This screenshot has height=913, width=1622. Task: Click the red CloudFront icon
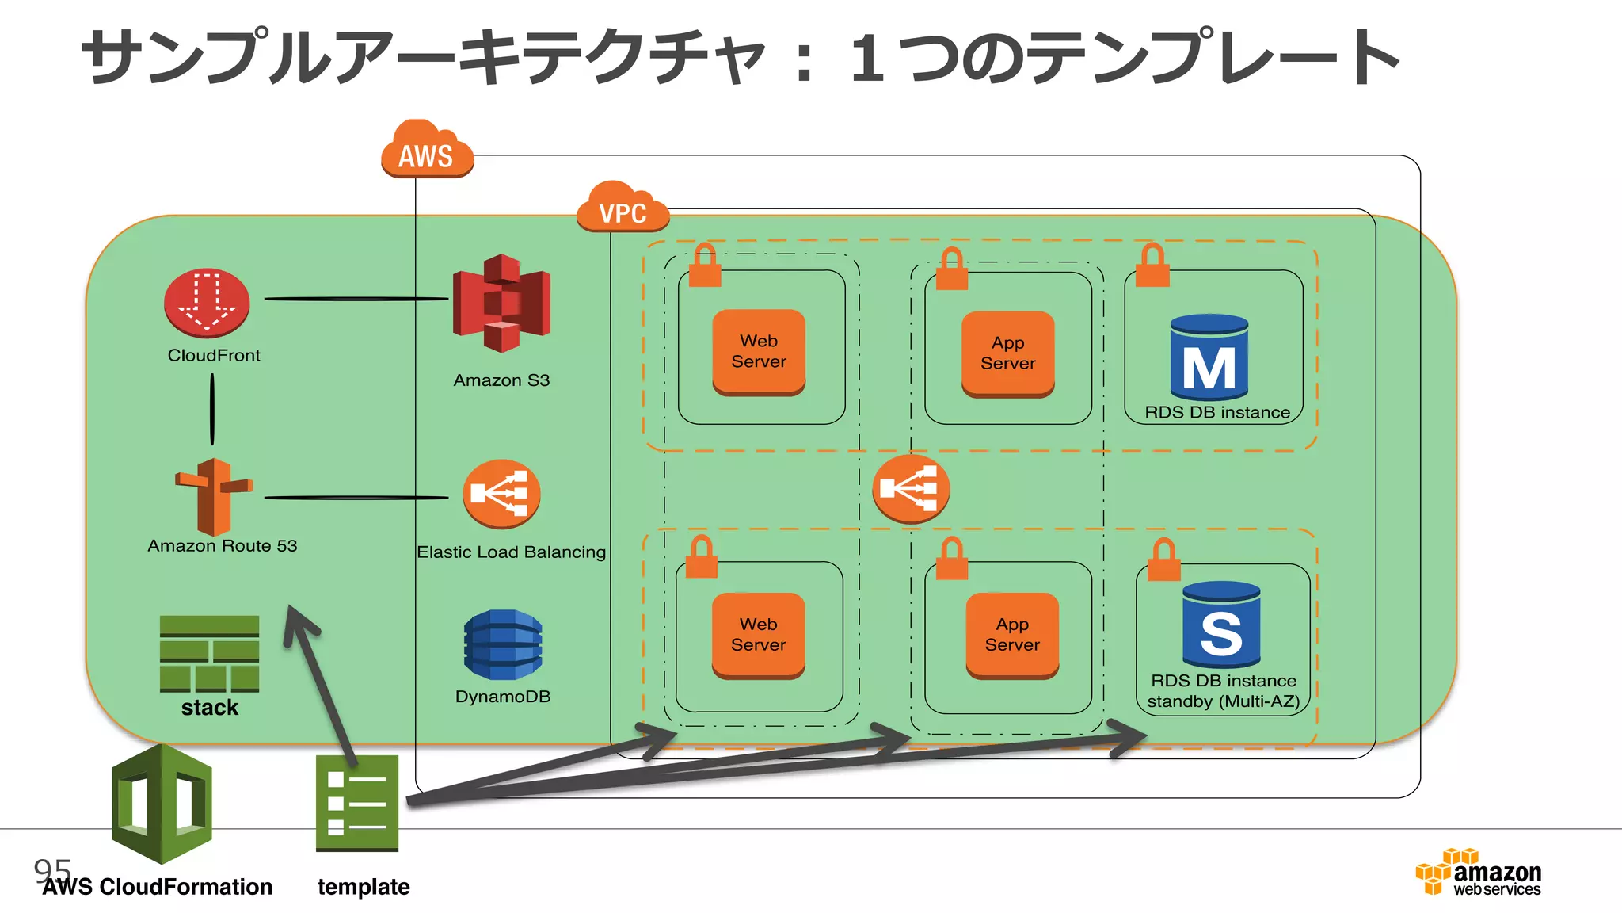[x=207, y=304]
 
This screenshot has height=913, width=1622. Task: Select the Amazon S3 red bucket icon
[x=501, y=304]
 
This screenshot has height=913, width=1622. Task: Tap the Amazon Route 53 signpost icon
[x=213, y=497]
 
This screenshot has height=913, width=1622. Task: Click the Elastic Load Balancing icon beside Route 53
[x=501, y=494]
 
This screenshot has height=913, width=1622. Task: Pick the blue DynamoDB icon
[x=503, y=644]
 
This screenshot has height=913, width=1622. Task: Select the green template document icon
[x=356, y=803]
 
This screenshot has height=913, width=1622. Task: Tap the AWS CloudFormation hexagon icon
[x=162, y=804]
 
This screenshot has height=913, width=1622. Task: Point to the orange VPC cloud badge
[x=623, y=208]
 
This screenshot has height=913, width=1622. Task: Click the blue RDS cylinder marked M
[x=1209, y=357]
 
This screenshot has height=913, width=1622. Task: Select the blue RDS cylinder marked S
[x=1220, y=625]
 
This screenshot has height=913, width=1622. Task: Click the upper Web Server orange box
[x=759, y=352]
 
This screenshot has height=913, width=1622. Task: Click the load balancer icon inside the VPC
[x=911, y=488]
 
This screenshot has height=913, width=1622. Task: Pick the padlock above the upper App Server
[x=951, y=269]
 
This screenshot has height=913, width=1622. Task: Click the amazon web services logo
[x=1479, y=873]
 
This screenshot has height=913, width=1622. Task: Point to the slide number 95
[x=52, y=870]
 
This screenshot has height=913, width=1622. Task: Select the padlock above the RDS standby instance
[x=1163, y=560]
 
